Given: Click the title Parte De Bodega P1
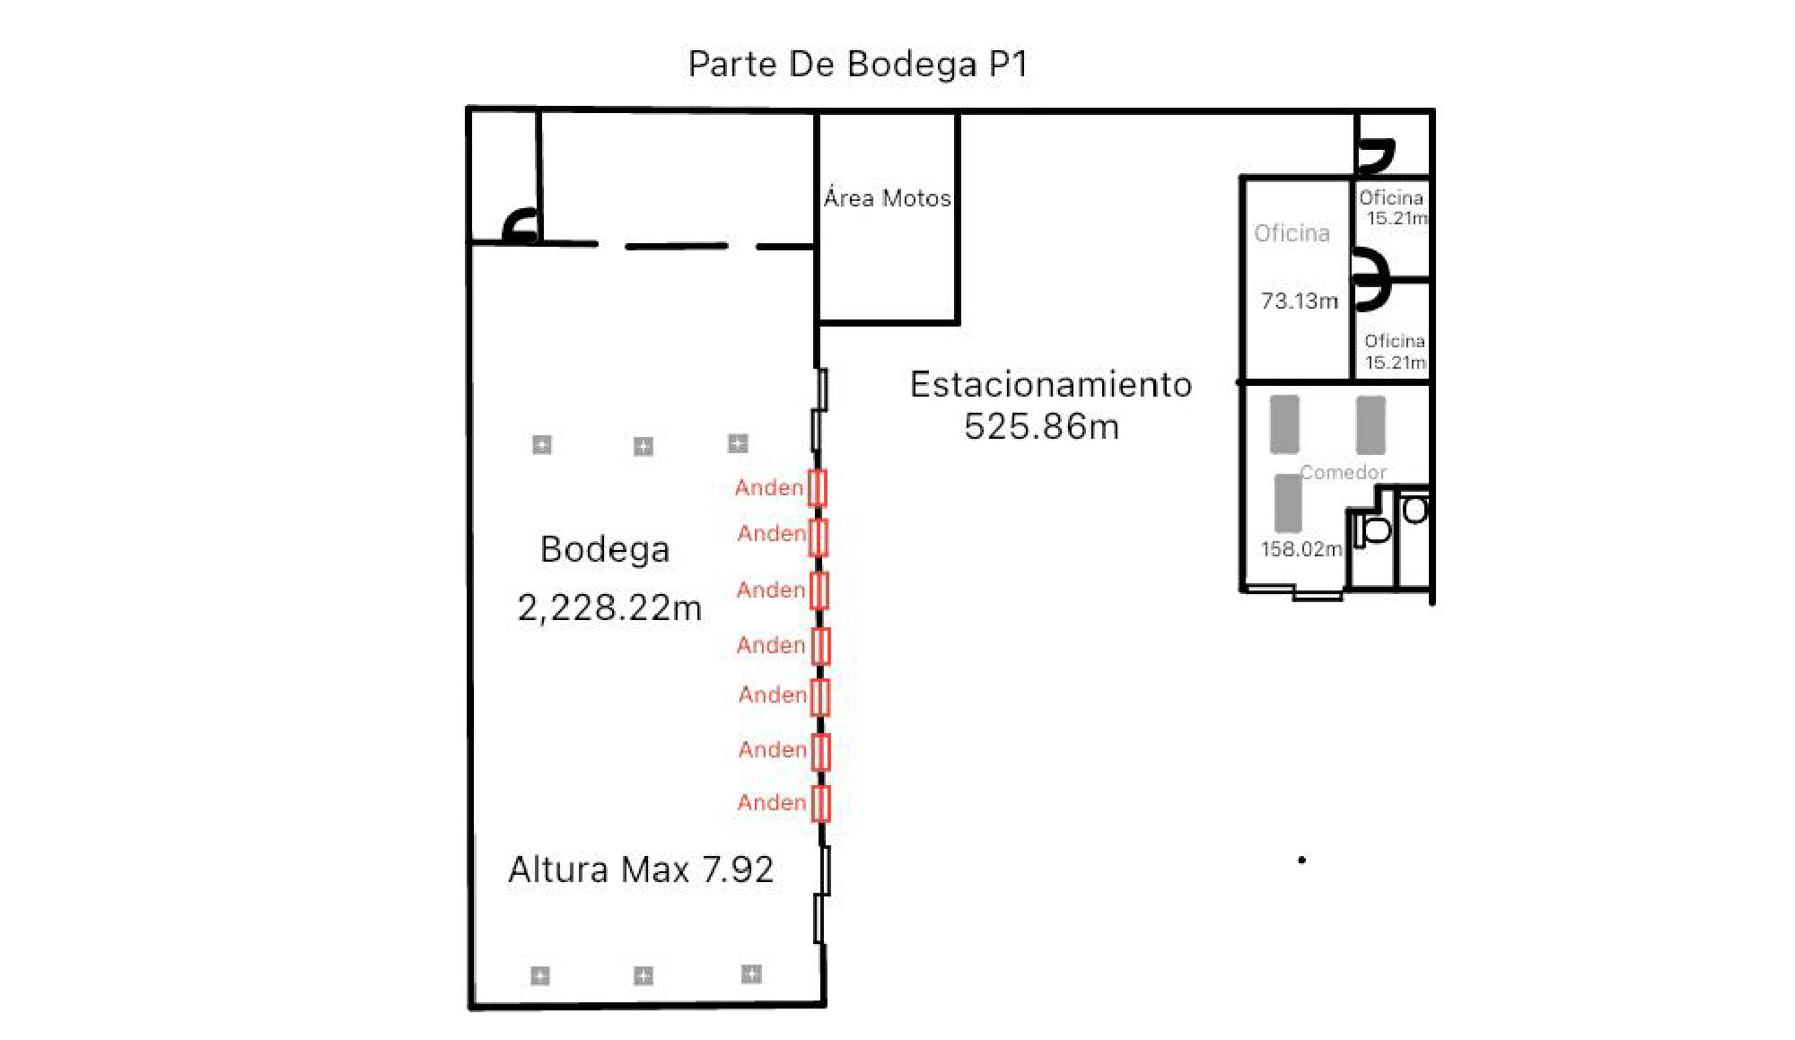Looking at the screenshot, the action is tap(858, 65).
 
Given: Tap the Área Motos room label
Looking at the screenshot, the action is tap(887, 197).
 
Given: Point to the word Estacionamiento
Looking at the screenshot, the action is tap(1051, 384).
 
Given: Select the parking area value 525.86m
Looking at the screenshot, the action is tap(1042, 426).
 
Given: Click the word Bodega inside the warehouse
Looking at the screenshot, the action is tap(605, 549).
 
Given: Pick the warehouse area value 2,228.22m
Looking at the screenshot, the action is tap(609, 608).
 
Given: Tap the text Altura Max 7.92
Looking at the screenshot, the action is tap(641, 870).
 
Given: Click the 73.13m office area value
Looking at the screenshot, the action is tap(1299, 301).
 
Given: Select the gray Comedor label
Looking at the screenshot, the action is tap(1343, 472).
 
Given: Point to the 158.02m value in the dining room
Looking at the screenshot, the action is tap(1301, 549).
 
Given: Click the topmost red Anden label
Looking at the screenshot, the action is tap(769, 487).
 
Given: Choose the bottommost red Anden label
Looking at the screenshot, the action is tap(772, 802).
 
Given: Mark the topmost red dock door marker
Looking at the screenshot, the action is tap(817, 488).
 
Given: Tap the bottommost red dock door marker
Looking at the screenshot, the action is tap(820, 803).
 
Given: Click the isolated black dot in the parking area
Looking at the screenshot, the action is tap(1301, 860).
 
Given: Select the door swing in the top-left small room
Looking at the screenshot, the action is tap(521, 225).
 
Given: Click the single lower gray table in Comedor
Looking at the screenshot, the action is tap(1288, 503).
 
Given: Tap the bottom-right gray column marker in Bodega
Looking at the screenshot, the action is tap(751, 974).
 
